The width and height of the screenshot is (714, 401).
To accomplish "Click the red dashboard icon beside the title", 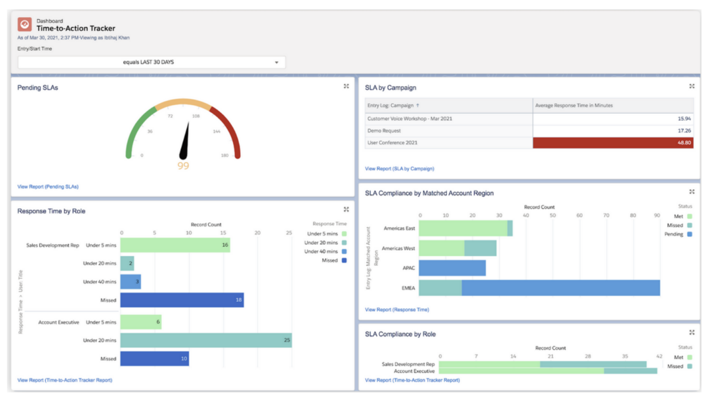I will click(25, 24).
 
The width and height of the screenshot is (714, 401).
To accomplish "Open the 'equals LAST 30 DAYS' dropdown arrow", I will click(276, 62).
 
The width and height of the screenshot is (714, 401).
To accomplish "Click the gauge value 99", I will click(183, 166).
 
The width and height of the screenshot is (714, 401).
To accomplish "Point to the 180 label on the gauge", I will click(224, 156).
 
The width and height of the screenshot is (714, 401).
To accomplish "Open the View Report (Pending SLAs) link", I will click(48, 187).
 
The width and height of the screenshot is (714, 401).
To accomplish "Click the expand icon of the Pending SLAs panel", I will click(346, 87).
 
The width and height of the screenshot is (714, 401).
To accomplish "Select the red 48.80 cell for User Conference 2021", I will click(612, 142).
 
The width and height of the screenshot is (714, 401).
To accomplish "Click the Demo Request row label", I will click(385, 131).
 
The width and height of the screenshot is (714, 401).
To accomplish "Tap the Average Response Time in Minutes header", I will click(574, 106).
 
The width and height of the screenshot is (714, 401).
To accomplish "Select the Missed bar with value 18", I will click(182, 300).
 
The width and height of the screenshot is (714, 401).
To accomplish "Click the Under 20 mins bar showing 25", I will click(206, 340).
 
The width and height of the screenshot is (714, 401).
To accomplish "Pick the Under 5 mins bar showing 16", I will click(175, 245).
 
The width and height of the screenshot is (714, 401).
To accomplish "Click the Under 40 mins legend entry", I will click(322, 251).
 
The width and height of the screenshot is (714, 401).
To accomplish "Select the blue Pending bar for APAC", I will click(452, 268).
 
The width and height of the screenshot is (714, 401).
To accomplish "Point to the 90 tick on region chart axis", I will click(657, 215).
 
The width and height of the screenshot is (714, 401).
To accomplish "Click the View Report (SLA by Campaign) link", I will click(400, 169).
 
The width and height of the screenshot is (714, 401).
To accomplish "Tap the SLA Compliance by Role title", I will click(400, 334).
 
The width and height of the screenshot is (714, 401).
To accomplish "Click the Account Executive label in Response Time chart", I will click(58, 322).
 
